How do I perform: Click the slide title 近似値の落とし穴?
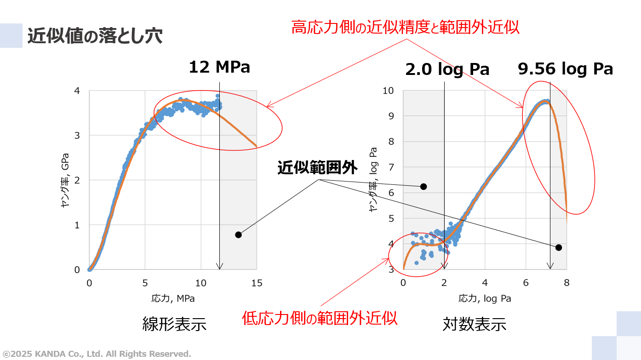95,36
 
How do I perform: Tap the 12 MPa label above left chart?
219,67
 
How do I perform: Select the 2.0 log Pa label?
447,69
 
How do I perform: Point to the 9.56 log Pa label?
565,69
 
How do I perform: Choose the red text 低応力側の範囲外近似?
320,318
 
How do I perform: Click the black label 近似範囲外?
317,168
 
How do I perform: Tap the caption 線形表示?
174,324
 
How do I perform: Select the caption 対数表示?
474,324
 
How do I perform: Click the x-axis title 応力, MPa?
173,298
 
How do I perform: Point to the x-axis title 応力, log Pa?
485,298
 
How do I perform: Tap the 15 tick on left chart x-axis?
257,283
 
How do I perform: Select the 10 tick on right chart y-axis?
389,91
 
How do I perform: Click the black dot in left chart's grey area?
238,235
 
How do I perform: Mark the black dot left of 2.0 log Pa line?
424,187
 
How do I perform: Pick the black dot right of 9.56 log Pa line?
559,248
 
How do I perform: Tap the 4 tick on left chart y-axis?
77,91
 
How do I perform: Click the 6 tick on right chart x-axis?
526,283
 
